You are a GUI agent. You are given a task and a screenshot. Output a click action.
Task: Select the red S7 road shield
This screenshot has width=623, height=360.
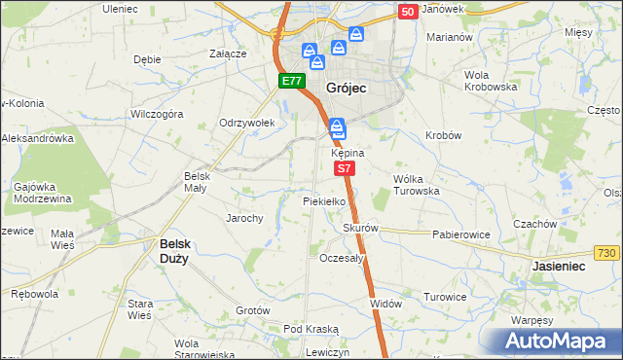[x=345, y=168]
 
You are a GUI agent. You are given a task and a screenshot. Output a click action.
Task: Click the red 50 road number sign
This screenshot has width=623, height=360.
[x=409, y=11]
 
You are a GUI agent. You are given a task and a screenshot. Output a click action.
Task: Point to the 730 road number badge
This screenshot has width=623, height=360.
[x=605, y=253]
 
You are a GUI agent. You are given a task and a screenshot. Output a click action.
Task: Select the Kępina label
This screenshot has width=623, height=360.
[x=348, y=154]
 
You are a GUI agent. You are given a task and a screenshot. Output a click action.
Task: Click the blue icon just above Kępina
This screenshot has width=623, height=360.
[x=337, y=127]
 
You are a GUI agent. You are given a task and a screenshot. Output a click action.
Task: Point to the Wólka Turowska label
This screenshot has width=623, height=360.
[x=416, y=185]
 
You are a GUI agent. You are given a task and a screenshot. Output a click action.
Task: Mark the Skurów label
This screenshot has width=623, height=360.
[x=359, y=229]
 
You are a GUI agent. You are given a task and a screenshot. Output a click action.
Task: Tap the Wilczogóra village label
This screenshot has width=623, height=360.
[x=157, y=114]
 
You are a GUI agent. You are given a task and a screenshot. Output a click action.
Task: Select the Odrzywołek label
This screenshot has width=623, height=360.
[x=248, y=124]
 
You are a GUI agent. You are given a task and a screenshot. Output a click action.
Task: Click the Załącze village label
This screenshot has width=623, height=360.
[x=228, y=54]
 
